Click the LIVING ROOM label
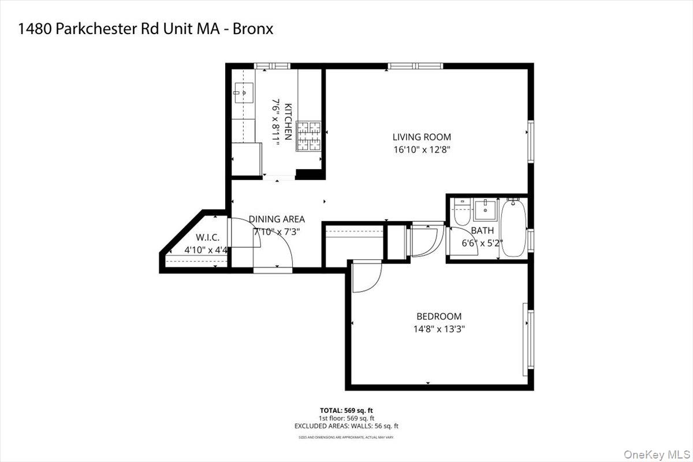click(422, 137)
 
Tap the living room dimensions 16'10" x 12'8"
click(422, 149)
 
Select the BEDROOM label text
click(439, 316)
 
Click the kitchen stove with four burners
click(308, 136)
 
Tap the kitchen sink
click(244, 92)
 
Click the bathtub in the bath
click(513, 229)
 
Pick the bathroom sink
click(485, 210)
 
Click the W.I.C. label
click(206, 237)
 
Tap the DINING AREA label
click(277, 219)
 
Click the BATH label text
click(482, 230)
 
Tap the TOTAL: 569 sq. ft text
click(346, 410)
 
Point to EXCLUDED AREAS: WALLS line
click(346, 426)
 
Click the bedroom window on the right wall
click(526, 338)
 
